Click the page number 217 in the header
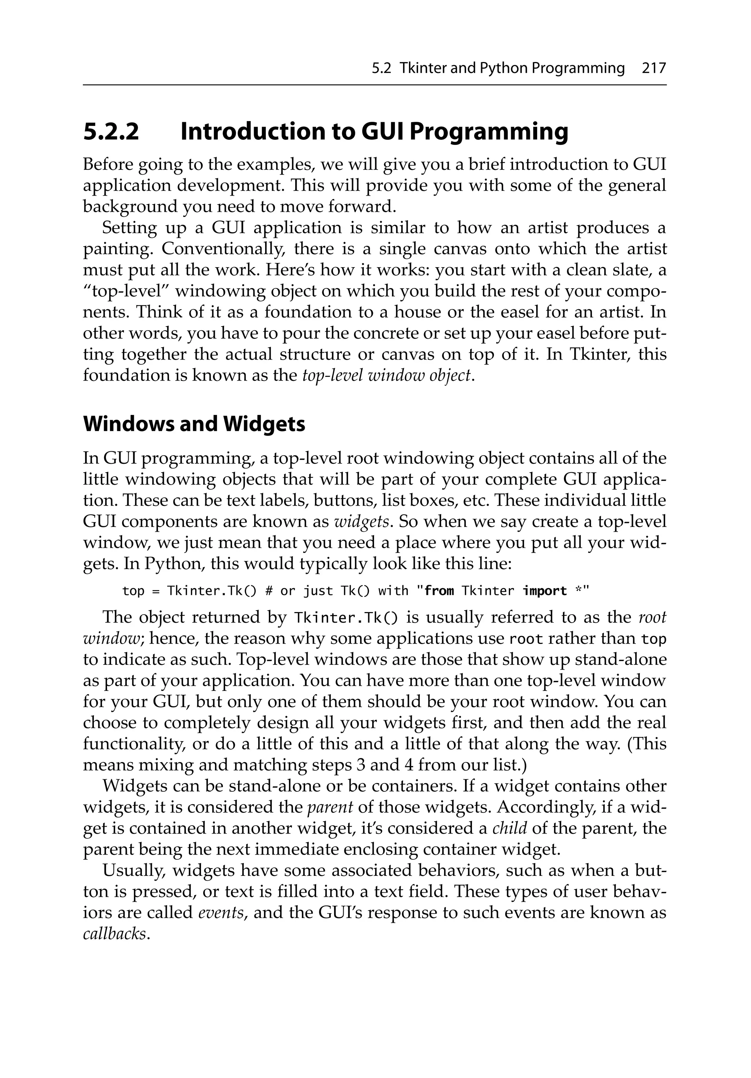654,69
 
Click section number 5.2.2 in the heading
111,132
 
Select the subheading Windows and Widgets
194,424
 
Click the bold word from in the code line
439,591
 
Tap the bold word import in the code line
545,591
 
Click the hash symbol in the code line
268,591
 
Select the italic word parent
330,807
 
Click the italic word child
509,828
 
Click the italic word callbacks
114,934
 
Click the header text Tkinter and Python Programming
512,69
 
